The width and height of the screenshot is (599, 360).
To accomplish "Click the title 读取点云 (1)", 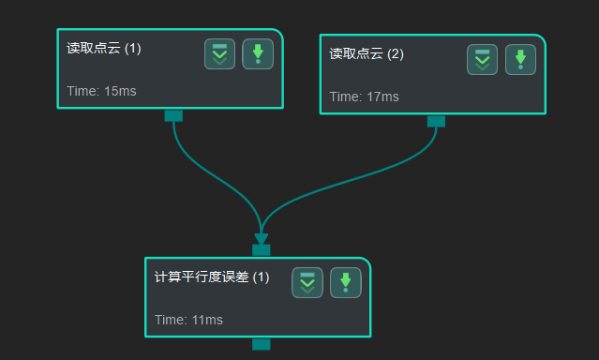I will click(x=104, y=49).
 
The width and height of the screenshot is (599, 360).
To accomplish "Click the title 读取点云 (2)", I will click(x=367, y=54).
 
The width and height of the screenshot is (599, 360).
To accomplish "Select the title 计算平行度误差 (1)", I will click(x=211, y=277).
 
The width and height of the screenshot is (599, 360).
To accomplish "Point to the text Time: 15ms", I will click(x=102, y=91).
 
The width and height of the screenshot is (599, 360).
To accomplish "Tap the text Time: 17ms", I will click(x=364, y=97).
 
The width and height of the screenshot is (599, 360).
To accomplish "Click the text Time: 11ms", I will click(x=188, y=320).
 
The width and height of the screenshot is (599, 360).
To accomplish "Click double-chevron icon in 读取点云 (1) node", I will click(x=219, y=54).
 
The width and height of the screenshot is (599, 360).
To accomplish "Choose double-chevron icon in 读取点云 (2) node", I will click(x=482, y=60).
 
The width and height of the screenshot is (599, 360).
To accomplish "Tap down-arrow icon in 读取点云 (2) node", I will click(x=520, y=60).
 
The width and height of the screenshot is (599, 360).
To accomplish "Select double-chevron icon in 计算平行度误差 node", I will click(x=307, y=282).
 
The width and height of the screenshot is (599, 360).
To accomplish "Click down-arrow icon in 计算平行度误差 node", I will click(x=345, y=282).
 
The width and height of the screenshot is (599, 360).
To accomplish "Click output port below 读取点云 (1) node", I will click(x=173, y=115).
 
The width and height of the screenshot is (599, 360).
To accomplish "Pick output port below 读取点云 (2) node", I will click(x=436, y=121).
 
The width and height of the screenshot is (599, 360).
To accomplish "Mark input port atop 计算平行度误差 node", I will click(x=261, y=250).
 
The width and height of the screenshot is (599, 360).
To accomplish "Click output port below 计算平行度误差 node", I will click(x=261, y=344).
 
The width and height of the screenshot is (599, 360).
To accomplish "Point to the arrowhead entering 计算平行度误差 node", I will click(x=261, y=239).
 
